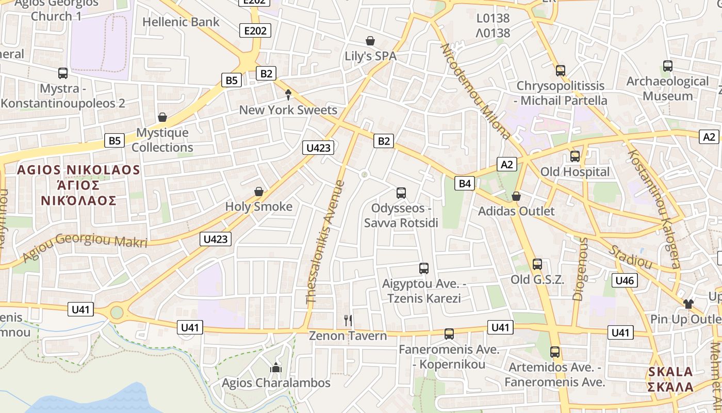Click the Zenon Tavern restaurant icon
pyautogui.click(x=348, y=321)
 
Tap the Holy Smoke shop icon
pyautogui.click(x=259, y=192)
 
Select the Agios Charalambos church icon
pyautogui.click(x=276, y=368)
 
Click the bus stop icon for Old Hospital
pyautogui.click(x=575, y=156)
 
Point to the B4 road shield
pyautogui.click(x=465, y=183)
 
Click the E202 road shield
pyautogui.click(x=255, y=31)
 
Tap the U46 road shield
pyautogui.click(x=625, y=281)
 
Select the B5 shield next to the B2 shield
pyautogui.click(x=232, y=80)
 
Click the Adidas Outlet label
pyautogui.click(x=516, y=211)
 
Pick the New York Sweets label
pyautogui.click(x=288, y=110)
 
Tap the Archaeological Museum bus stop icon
pyautogui.click(x=668, y=66)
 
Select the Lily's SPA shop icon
pyautogui.click(x=370, y=41)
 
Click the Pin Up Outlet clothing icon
pyautogui.click(x=688, y=304)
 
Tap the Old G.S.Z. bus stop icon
pyautogui.click(x=537, y=264)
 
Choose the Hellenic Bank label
pyautogui.click(x=181, y=22)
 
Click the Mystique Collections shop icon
pyautogui.click(x=162, y=117)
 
